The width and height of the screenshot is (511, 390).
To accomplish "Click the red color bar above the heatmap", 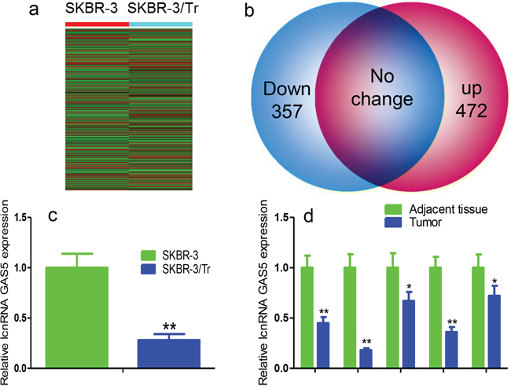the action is tap(97, 24).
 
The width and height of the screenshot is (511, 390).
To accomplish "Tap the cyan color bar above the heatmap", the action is tap(160, 24).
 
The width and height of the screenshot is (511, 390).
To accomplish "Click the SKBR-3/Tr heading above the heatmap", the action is tap(162, 9).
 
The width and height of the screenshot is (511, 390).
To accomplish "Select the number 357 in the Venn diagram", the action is tap(287, 112).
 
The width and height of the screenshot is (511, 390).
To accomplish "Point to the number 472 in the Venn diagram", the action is tap(471, 111).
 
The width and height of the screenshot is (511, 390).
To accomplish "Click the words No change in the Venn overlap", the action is tap(382, 87).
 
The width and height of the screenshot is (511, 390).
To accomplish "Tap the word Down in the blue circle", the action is tap(287, 89).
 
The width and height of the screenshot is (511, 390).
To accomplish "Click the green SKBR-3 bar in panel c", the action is tap(77, 318).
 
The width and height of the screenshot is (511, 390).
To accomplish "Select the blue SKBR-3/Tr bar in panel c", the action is tap(169, 354).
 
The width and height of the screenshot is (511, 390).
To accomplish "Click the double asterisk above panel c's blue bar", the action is tap(169, 326).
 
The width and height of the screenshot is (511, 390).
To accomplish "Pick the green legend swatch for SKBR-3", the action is tap(149, 256).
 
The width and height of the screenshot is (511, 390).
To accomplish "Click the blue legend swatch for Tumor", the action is tap(393, 223).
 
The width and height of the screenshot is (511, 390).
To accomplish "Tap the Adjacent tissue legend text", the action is tap(448, 209).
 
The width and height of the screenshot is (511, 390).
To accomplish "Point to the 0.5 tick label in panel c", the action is tap(21, 318).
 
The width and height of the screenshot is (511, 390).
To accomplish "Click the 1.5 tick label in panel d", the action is tap(281, 217).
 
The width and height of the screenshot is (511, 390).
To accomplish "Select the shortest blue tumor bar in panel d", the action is tap(366, 359).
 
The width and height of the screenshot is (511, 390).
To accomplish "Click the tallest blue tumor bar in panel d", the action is tap(494, 332).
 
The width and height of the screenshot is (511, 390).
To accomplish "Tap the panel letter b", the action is tap(249, 11).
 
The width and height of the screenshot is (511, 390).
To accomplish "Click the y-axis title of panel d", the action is tap(263, 292).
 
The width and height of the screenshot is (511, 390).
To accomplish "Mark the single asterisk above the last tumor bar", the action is tap(494, 281).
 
